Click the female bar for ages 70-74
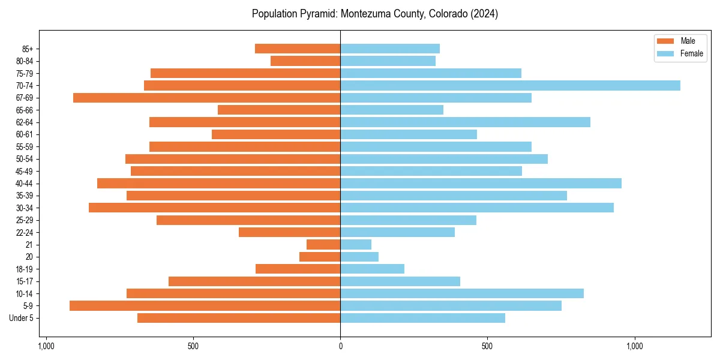510,85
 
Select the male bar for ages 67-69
206,97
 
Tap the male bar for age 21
323,244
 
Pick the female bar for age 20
359,257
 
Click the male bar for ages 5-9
205,305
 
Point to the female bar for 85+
390,49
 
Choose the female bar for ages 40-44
481,183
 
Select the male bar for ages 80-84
305,61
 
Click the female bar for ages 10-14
462,293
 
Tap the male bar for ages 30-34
214,208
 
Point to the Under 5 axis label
21,318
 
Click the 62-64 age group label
25,122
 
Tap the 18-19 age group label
25,269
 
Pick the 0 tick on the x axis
340,346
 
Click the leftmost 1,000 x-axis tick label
46,346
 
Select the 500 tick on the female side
487,346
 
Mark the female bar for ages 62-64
465,122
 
